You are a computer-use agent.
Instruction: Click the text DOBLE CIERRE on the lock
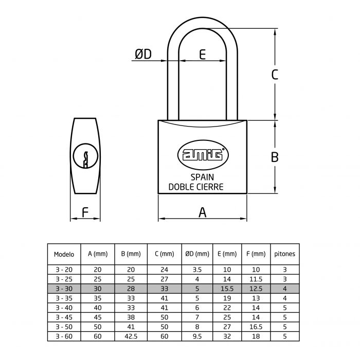tap(196, 187)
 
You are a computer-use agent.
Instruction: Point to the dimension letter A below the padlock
tap(202, 212)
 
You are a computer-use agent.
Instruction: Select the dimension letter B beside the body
tap(275, 157)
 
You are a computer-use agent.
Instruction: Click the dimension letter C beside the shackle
tap(275, 74)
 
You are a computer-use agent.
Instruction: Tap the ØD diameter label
tap(143, 54)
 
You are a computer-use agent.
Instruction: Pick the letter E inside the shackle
tap(202, 54)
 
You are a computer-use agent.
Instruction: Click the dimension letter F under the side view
tap(85, 212)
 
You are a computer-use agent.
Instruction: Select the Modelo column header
tap(64, 254)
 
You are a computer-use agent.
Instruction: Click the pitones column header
tap(284, 254)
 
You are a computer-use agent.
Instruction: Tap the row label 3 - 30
tap(64, 289)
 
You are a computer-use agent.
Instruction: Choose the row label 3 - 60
tap(64, 336)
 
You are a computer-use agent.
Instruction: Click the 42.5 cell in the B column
tap(131, 336)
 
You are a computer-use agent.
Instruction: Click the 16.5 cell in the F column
tap(256, 327)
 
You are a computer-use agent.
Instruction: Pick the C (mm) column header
tap(164, 254)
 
